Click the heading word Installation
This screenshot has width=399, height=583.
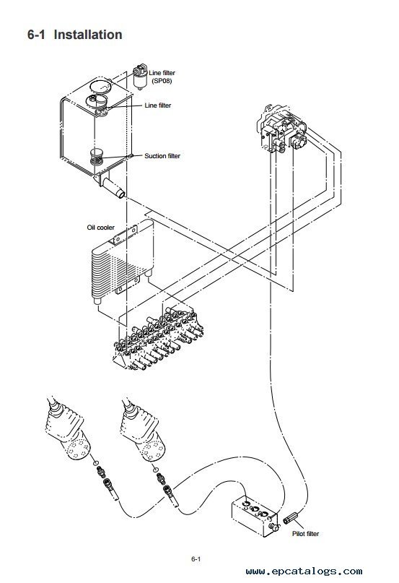(88, 35)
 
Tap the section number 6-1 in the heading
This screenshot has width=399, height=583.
(36, 35)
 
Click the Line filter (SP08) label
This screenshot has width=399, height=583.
(162, 77)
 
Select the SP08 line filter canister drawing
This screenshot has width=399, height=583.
(140, 77)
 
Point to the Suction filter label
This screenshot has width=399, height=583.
(162, 156)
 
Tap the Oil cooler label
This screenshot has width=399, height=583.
(101, 227)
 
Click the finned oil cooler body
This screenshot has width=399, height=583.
(122, 260)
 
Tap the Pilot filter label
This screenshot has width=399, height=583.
(305, 534)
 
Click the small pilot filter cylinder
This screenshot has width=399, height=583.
(291, 517)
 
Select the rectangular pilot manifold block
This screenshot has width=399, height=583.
(255, 516)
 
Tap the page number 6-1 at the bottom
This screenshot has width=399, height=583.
(196, 559)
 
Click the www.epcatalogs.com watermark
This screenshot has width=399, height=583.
(304, 571)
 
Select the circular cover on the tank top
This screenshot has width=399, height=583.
(100, 86)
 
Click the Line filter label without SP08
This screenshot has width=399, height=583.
(158, 105)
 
